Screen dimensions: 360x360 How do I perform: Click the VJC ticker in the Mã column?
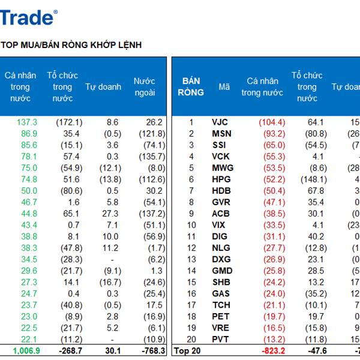[x=220, y=122]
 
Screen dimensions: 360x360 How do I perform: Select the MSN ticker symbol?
[x=221, y=134]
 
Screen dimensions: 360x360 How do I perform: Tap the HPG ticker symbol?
[x=221, y=179]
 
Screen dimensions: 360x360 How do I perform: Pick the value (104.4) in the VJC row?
[x=272, y=122]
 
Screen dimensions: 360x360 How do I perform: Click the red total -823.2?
[x=272, y=350]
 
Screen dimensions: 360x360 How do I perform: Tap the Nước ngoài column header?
[x=144, y=87]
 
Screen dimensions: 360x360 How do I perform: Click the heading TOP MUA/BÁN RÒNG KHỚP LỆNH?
[x=71, y=45]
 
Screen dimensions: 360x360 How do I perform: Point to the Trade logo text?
[x=28, y=17]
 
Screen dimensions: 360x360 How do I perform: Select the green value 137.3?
[x=27, y=122]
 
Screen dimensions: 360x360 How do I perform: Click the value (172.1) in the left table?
[x=68, y=122]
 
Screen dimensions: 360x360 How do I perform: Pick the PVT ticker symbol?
[x=220, y=339]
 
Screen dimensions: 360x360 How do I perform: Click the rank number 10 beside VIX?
[x=191, y=225]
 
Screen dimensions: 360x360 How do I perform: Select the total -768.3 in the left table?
[x=151, y=350]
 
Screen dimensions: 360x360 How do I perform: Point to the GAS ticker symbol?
[x=221, y=293]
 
